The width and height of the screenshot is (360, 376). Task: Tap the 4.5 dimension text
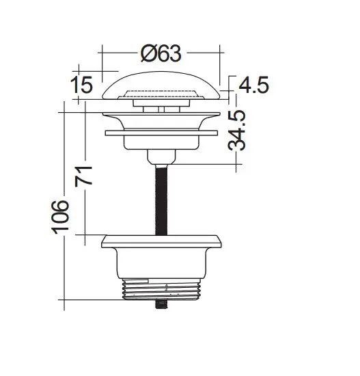click(253, 85)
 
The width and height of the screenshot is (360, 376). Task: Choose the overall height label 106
click(62, 217)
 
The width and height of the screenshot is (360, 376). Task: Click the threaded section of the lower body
click(161, 291)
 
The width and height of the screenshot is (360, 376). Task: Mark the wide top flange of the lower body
click(161, 240)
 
